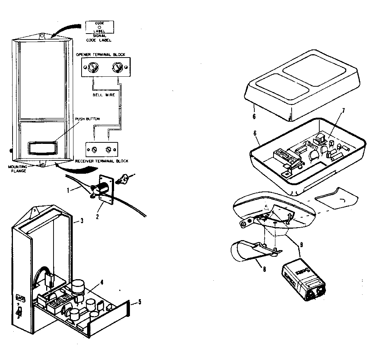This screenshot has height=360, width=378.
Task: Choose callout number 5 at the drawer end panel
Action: click(x=139, y=303)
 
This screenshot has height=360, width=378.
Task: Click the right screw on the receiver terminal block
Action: click(x=109, y=149)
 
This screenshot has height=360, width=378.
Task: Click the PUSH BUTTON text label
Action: click(x=87, y=119)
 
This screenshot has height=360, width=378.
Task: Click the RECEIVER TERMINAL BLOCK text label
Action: click(x=102, y=161)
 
